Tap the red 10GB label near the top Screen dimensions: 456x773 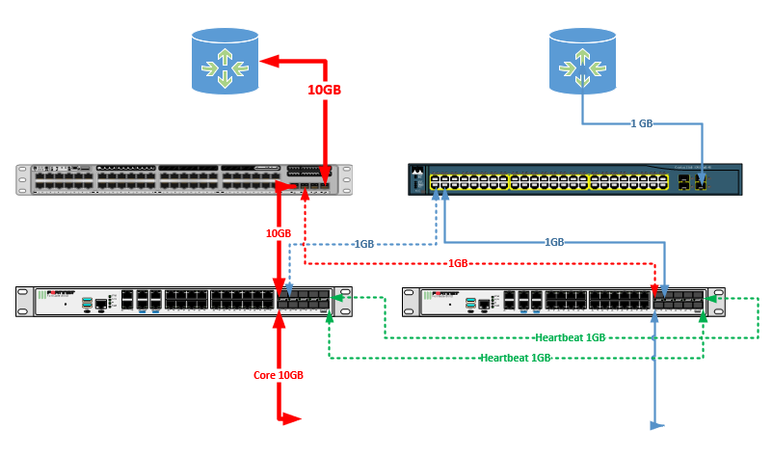coord(325,90)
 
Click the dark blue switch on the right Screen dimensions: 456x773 coord(574,181)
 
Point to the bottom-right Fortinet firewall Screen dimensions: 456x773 coord(564,302)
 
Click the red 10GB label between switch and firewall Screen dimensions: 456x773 coord(279,233)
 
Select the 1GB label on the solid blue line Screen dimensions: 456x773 coord(555,242)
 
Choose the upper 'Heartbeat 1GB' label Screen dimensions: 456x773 coord(572,337)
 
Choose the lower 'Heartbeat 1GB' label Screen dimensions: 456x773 coord(516,358)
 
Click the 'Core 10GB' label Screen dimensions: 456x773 coord(279,374)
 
